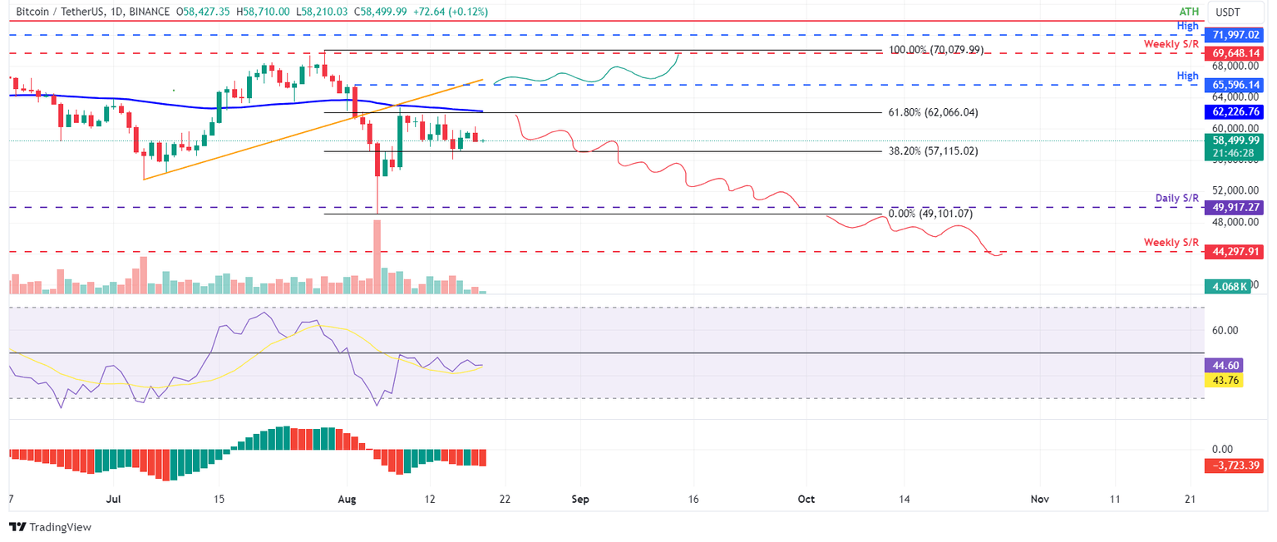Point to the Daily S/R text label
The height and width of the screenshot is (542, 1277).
coord(1177,198)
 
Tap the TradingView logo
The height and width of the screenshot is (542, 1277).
coord(50,527)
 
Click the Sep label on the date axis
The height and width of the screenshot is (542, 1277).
coord(580,499)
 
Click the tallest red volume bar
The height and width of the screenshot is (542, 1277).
coord(378,257)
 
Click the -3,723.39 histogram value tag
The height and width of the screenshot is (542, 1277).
coord(1231,466)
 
